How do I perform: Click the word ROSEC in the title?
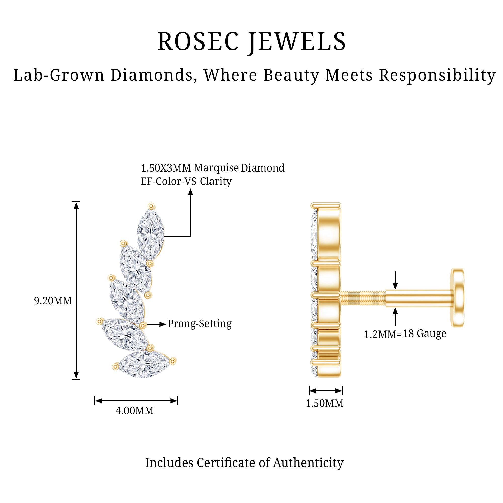(x=198, y=42)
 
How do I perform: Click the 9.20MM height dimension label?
(x=53, y=301)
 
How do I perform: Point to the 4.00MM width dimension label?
(x=134, y=411)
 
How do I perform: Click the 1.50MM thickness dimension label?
(x=324, y=403)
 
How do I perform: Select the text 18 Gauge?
(x=425, y=333)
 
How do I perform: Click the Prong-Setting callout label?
(x=199, y=324)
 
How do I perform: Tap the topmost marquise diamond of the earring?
(x=151, y=234)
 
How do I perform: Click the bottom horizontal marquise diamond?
(x=144, y=363)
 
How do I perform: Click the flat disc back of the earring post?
(x=458, y=298)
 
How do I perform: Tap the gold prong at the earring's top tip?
(x=151, y=206)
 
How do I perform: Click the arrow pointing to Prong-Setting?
(x=156, y=324)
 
